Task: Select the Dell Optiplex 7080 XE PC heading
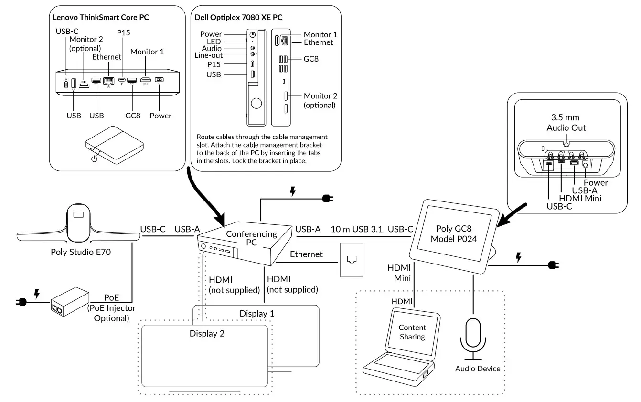click(x=238, y=17)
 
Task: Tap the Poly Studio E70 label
click(x=81, y=252)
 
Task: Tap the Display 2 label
click(x=207, y=333)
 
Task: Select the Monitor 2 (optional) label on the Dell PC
click(x=320, y=100)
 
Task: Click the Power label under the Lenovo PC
click(x=160, y=116)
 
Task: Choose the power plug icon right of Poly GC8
click(x=553, y=265)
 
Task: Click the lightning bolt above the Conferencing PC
click(x=292, y=191)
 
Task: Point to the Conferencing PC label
click(x=251, y=238)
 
